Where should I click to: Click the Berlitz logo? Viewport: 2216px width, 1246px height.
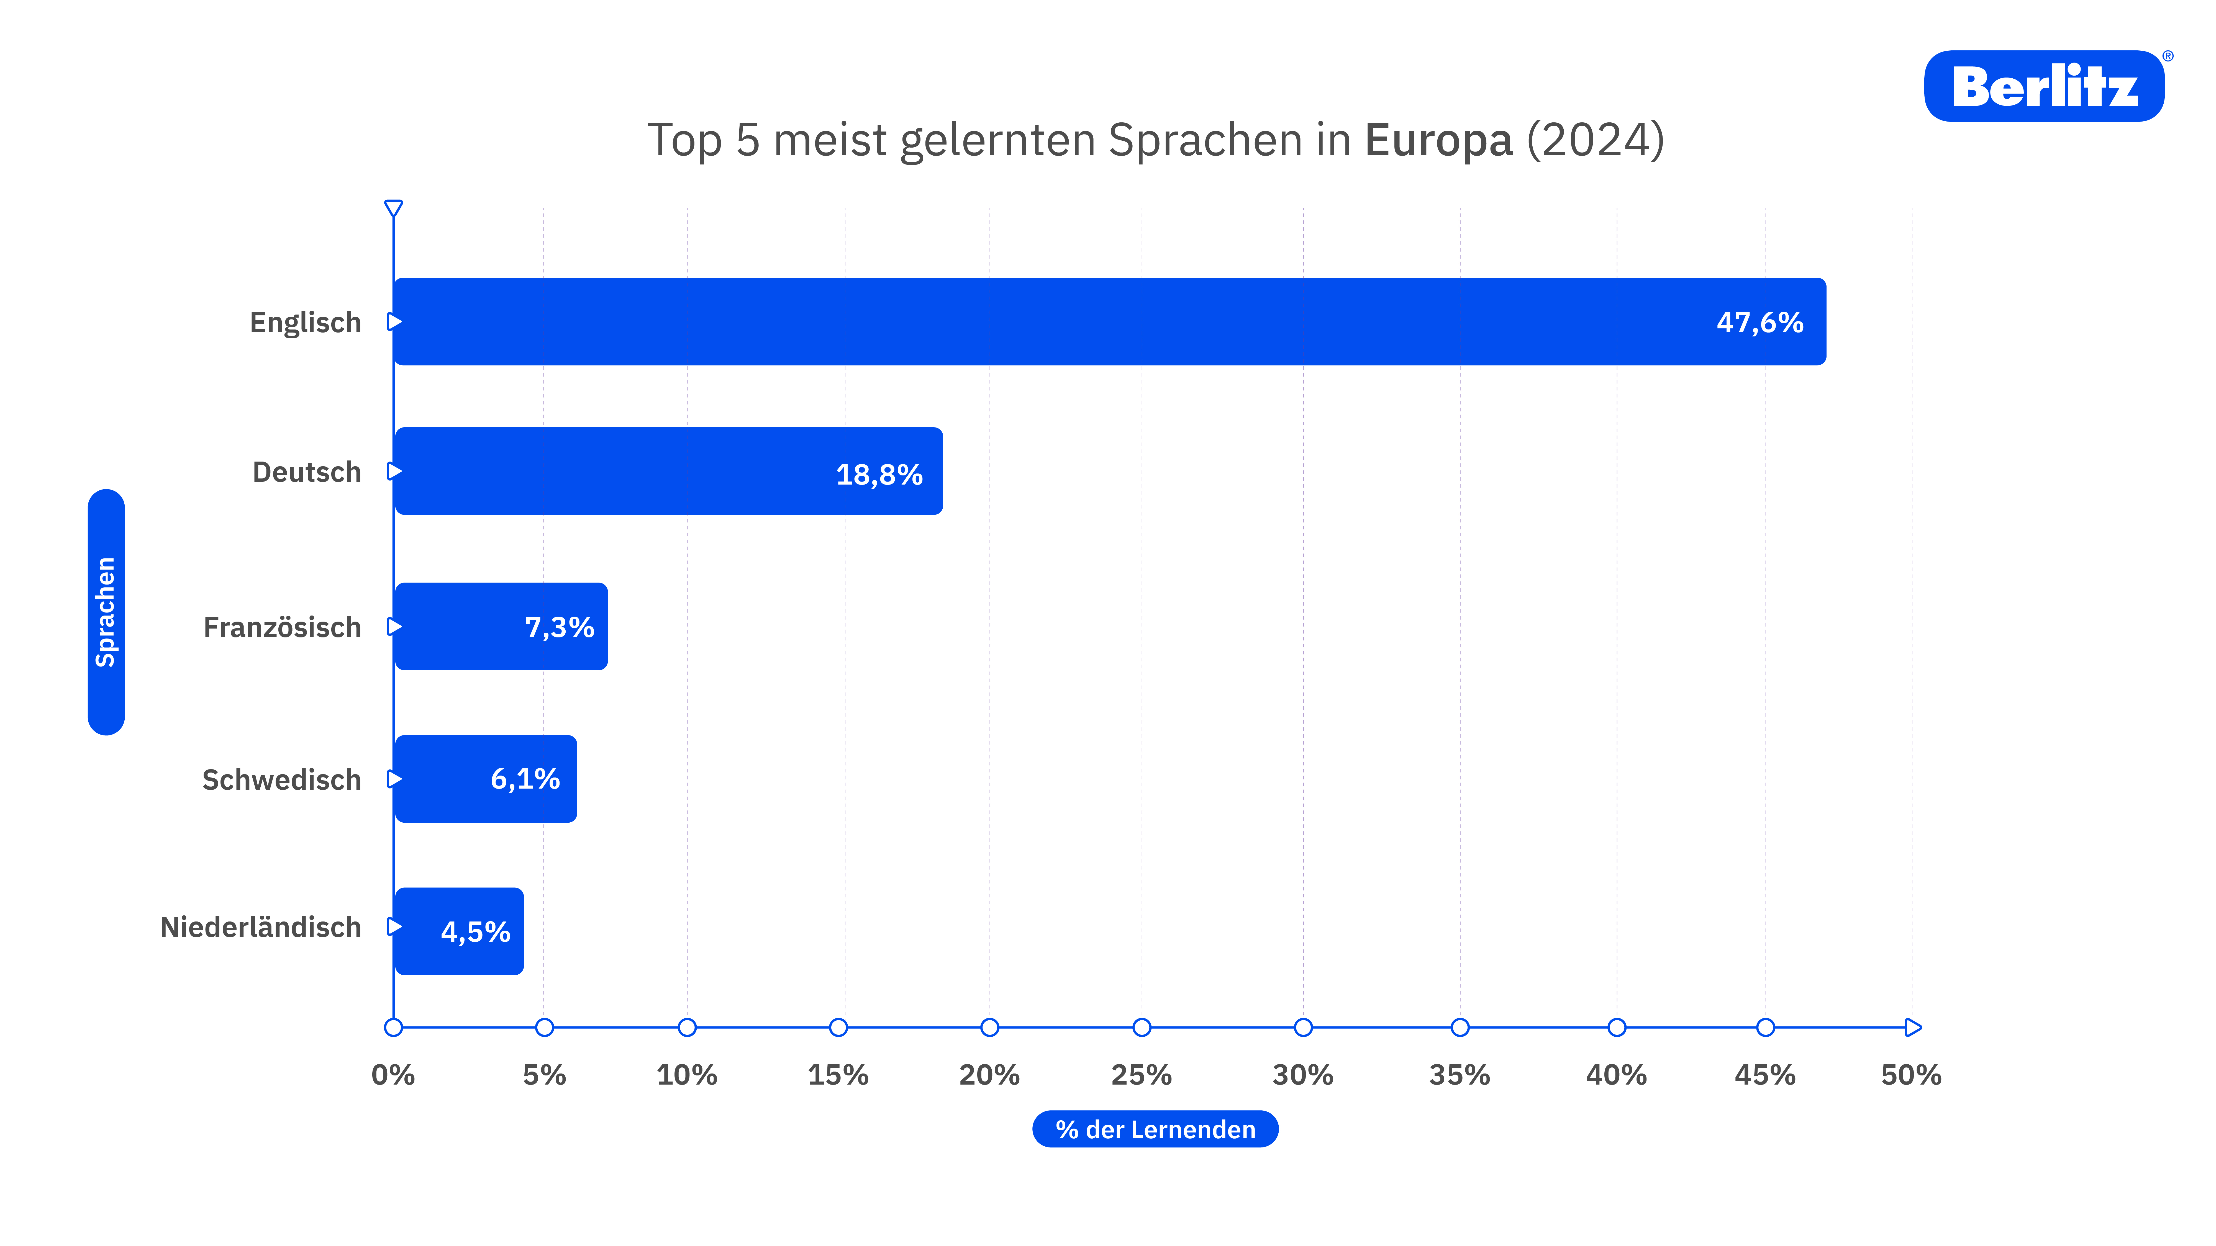[x=2044, y=86]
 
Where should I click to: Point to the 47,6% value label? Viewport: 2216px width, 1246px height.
[x=1759, y=323]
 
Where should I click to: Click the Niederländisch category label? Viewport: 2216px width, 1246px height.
[x=261, y=927]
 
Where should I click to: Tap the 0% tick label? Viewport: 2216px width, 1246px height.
[x=393, y=1075]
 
